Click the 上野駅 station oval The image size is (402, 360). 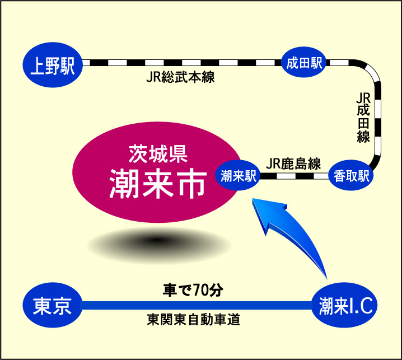click(53, 65)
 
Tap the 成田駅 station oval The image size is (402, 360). click(304, 62)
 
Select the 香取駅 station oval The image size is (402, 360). click(351, 175)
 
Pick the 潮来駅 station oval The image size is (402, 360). click(238, 175)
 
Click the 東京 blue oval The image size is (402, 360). click(53, 305)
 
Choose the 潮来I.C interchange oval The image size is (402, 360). click(345, 305)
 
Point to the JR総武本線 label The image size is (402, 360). click(180, 77)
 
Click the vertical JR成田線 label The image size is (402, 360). click(363, 118)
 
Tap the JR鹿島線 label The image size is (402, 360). click(293, 163)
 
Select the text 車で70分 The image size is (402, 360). click(193, 290)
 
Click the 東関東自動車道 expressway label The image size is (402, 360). click(194, 320)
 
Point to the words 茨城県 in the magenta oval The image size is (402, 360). click(158, 154)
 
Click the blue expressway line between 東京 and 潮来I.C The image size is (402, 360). click(197, 305)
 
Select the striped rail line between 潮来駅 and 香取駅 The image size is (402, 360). click(295, 176)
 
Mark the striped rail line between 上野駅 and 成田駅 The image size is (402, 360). click(182, 63)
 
